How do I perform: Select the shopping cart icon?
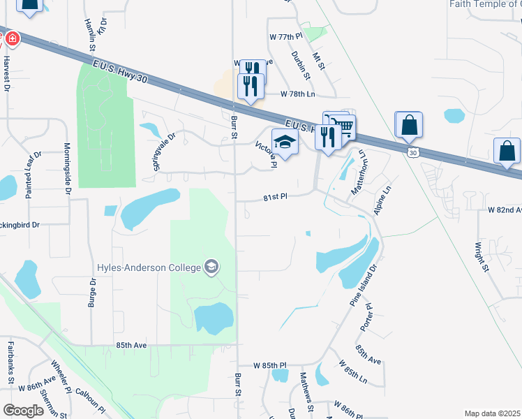click(x=344, y=127)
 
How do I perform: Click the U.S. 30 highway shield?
click(x=413, y=152)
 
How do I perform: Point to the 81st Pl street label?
click(x=276, y=198)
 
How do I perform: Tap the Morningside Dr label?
click(x=68, y=170)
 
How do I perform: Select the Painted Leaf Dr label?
click(x=33, y=175)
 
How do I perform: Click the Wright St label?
click(x=479, y=257)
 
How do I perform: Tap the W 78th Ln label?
click(x=298, y=94)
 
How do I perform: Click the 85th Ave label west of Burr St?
click(x=131, y=345)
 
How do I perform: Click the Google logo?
click(x=23, y=410)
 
